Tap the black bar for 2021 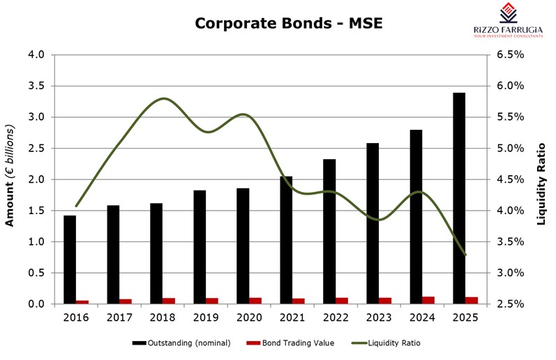pyautogui.click(x=286, y=240)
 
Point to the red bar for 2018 pyautogui.click(x=170, y=301)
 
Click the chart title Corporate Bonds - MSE pyautogui.click(x=288, y=24)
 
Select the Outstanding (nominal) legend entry pyautogui.click(x=182, y=343)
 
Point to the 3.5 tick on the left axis pyautogui.click(x=36, y=86)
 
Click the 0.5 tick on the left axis pyautogui.click(x=36, y=273)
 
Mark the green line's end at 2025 pyautogui.click(x=465, y=255)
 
